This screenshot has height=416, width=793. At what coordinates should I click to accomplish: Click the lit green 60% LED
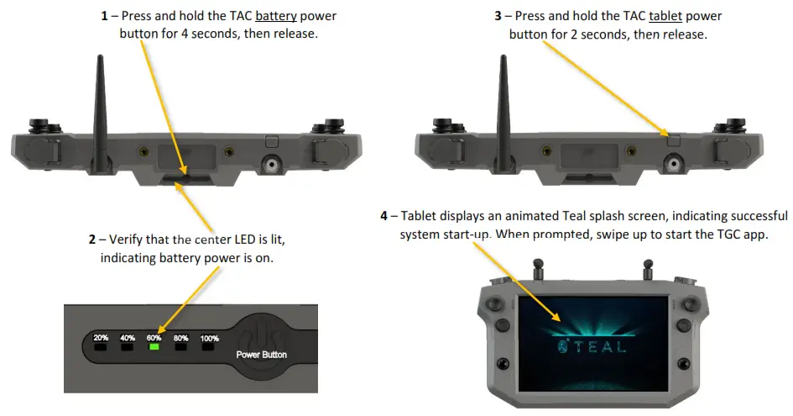pyautogui.click(x=154, y=347)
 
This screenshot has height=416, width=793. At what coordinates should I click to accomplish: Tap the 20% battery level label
pyautogui.click(x=101, y=338)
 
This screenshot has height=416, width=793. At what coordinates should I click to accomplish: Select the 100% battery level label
pyautogui.click(x=209, y=338)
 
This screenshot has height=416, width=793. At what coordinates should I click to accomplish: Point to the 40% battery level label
pyautogui.click(x=128, y=338)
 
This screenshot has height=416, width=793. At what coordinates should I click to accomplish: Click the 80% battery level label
pyautogui.click(x=180, y=338)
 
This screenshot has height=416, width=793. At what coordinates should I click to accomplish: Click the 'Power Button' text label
pyautogui.click(x=262, y=355)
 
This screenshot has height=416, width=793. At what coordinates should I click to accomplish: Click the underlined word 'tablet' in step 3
pyautogui.click(x=666, y=16)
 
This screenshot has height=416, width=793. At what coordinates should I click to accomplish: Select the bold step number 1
pyautogui.click(x=104, y=16)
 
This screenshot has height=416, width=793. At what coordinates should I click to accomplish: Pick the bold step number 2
pyautogui.click(x=92, y=240)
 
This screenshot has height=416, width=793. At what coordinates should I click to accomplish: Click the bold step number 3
pyautogui.click(x=498, y=16)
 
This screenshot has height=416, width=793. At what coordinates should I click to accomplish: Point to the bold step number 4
pyautogui.click(x=384, y=216)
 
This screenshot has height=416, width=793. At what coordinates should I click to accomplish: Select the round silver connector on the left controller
pyautogui.click(x=271, y=164)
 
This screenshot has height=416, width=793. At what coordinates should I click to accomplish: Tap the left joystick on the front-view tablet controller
pyautogui.click(x=497, y=304)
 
